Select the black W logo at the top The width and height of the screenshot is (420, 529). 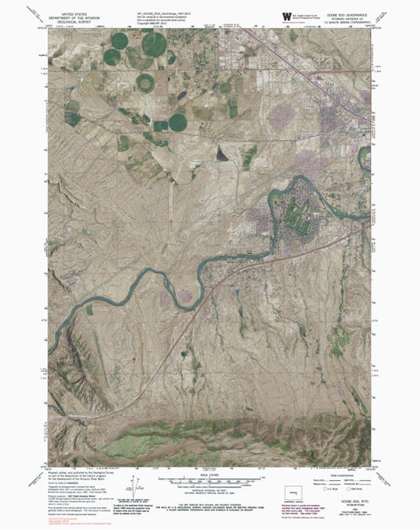click(286, 15)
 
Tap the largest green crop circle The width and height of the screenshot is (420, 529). click(154, 45)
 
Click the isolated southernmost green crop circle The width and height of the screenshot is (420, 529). click(178, 122)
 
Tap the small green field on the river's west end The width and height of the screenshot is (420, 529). click(88, 309)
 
